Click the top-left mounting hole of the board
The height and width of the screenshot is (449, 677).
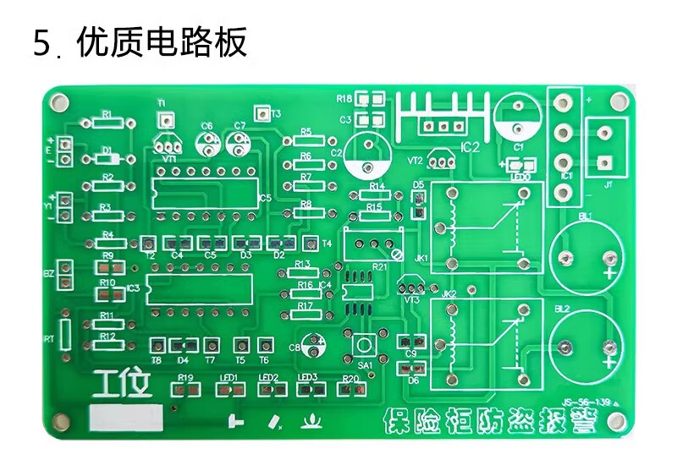pos(58,103)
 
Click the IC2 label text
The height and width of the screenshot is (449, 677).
pos(470,147)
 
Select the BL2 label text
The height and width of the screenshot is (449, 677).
pos(563,309)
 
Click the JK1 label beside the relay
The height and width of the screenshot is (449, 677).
pos(421,257)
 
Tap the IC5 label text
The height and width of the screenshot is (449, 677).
pos(265,198)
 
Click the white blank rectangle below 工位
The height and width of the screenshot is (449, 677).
pos(126,418)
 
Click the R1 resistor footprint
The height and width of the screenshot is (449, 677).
pos(107,122)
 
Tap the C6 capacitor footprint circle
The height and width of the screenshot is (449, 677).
pos(206,143)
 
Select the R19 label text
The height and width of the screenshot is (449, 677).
pos(185,378)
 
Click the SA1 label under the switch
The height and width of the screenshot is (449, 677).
pos(366,365)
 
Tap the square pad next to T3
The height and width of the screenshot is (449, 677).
pos(262,112)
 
